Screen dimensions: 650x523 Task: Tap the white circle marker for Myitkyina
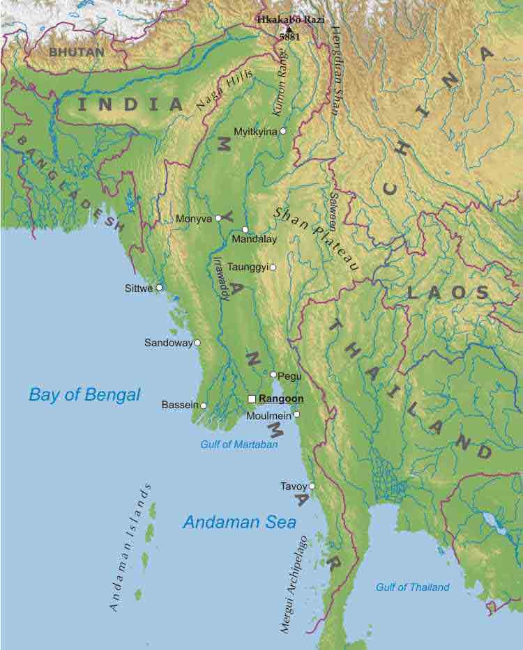tap(283, 131)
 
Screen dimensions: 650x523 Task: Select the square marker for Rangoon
tap(252, 398)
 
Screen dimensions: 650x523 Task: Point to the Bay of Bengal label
tap(84, 395)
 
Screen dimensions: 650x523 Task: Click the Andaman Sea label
tap(239, 522)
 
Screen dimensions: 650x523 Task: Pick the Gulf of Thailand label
tap(413, 587)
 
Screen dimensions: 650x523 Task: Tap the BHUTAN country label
tap(77, 52)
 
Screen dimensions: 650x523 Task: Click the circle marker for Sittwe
tap(160, 287)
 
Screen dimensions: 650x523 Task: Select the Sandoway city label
tap(167, 343)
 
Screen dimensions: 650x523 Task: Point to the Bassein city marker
tap(204, 405)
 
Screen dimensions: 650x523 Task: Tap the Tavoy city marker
tap(312, 486)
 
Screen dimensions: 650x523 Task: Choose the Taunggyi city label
tap(248, 267)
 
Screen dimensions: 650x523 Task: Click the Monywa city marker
tap(218, 218)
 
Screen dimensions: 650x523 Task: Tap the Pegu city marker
tap(273, 375)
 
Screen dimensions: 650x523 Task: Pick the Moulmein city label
tap(270, 416)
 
